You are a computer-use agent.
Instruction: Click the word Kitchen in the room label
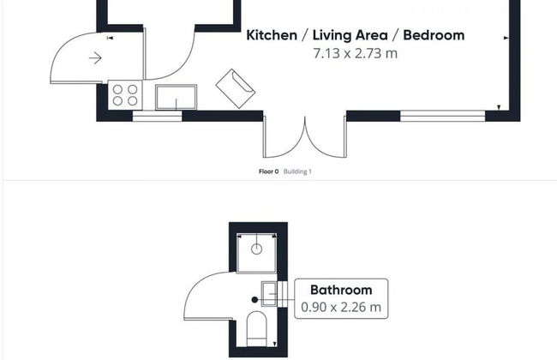[x=272, y=35]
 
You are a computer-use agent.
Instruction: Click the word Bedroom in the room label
[x=434, y=35]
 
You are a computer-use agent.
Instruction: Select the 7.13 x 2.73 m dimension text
[x=356, y=53]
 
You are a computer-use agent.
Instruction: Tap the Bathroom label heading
[x=341, y=290]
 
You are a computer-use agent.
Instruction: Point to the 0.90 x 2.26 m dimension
[x=341, y=307]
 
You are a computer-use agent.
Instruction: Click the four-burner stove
[x=125, y=95]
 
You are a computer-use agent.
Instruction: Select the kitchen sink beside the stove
[x=176, y=97]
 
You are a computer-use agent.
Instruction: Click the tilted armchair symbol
[x=235, y=88]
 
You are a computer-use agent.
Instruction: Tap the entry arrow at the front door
[x=95, y=57]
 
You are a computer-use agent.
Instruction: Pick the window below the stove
[x=157, y=117]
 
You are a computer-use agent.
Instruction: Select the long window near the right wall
[x=443, y=117]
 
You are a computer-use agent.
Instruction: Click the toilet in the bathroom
[x=256, y=329]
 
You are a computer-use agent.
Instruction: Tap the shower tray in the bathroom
[x=256, y=253]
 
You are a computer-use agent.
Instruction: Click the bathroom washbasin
[x=269, y=293]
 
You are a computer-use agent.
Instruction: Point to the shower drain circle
[x=256, y=249]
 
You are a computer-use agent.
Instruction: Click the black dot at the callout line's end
[x=255, y=300]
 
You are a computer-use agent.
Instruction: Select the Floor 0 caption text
[x=268, y=171]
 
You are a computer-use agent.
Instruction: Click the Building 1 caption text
[x=297, y=171]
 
